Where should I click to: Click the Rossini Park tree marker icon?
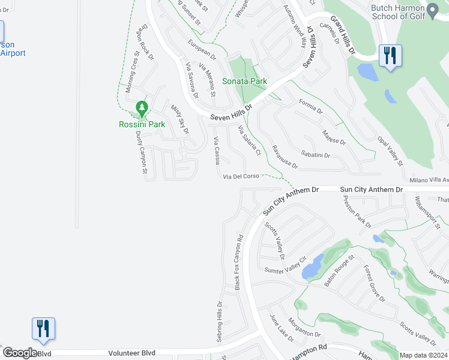tap(142, 109)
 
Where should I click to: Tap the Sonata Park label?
tap(244, 81)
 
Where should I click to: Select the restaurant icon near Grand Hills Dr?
tap(390, 56)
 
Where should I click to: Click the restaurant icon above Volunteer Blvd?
tap(43, 329)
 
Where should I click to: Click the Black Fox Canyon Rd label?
tap(238, 262)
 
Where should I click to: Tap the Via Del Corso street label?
tap(241, 176)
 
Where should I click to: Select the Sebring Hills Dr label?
tap(219, 322)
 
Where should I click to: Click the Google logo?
tap(20, 353)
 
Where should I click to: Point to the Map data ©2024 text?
tap(423, 355)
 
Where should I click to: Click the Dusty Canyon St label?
tap(141, 152)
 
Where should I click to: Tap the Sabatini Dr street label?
tap(316, 155)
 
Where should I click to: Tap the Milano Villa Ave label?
tap(429, 180)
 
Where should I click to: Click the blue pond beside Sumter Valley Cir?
tap(313, 267)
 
